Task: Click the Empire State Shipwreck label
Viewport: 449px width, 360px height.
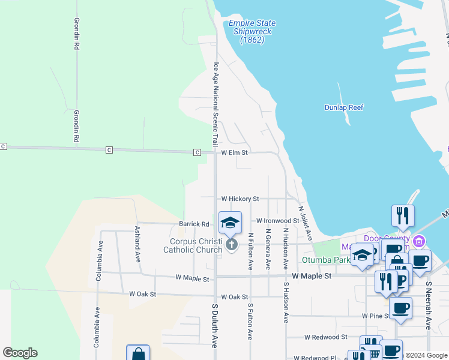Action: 251,32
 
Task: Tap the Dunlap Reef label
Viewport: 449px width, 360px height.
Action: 344,107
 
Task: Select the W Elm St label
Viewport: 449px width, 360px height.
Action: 235,153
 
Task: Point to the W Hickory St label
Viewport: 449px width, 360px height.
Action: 240,199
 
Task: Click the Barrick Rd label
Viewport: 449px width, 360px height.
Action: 194,224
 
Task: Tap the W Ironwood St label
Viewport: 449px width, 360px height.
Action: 278,221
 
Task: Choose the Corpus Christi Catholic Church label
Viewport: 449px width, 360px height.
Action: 192,245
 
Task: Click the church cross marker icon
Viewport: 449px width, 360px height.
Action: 232,244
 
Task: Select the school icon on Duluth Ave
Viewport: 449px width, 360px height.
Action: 230,223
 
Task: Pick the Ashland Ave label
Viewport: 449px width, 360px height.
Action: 137,244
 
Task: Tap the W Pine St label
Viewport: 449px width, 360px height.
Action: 375,316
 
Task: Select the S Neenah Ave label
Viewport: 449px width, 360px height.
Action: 429,306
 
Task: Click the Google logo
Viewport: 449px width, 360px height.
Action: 20,353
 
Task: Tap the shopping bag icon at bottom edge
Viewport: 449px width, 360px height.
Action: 138,354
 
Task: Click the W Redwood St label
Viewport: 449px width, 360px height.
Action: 325,337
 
